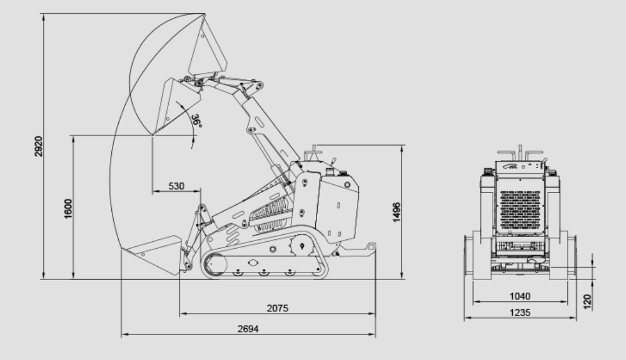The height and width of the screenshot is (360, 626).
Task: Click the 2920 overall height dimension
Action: pos(38,147)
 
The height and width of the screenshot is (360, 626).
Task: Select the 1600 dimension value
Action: pos(68,208)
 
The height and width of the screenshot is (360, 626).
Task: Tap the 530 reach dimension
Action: pos(176,186)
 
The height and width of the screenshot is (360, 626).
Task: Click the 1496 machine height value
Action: pos(396,212)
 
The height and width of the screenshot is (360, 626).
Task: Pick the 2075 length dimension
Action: pos(278,308)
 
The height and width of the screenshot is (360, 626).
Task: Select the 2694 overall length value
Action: pos(248,329)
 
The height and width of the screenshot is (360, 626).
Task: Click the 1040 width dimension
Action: pos(520,296)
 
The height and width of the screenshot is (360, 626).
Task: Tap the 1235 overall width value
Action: pos(520,312)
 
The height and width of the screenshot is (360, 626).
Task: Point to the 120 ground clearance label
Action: pos(587,301)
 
